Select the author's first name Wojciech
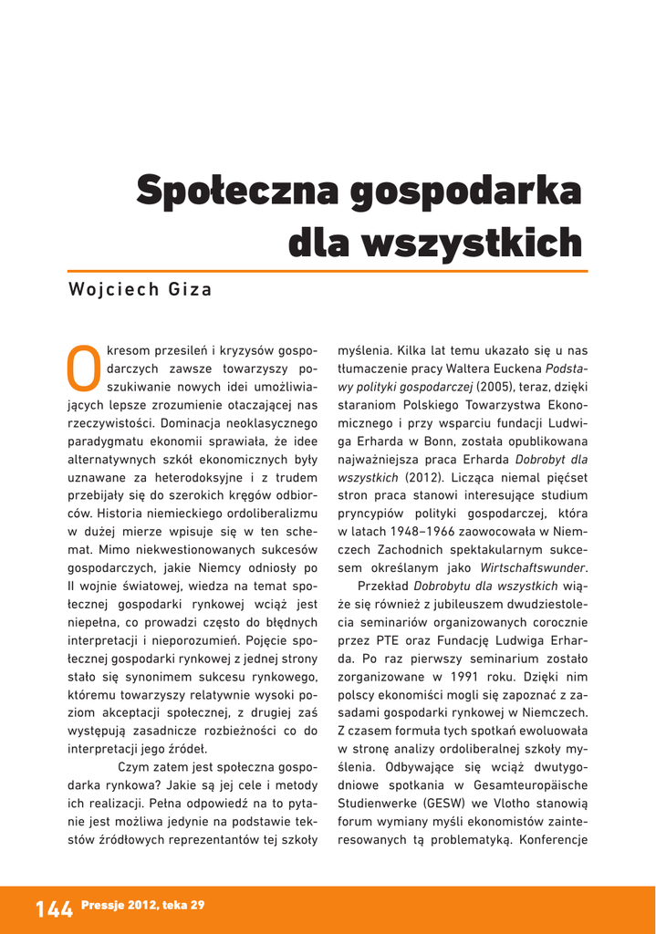[x=111, y=290]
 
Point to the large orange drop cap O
[x=84, y=365]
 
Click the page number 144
[x=54, y=908]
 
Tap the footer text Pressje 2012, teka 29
[x=142, y=905]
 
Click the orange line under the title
[x=328, y=271]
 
